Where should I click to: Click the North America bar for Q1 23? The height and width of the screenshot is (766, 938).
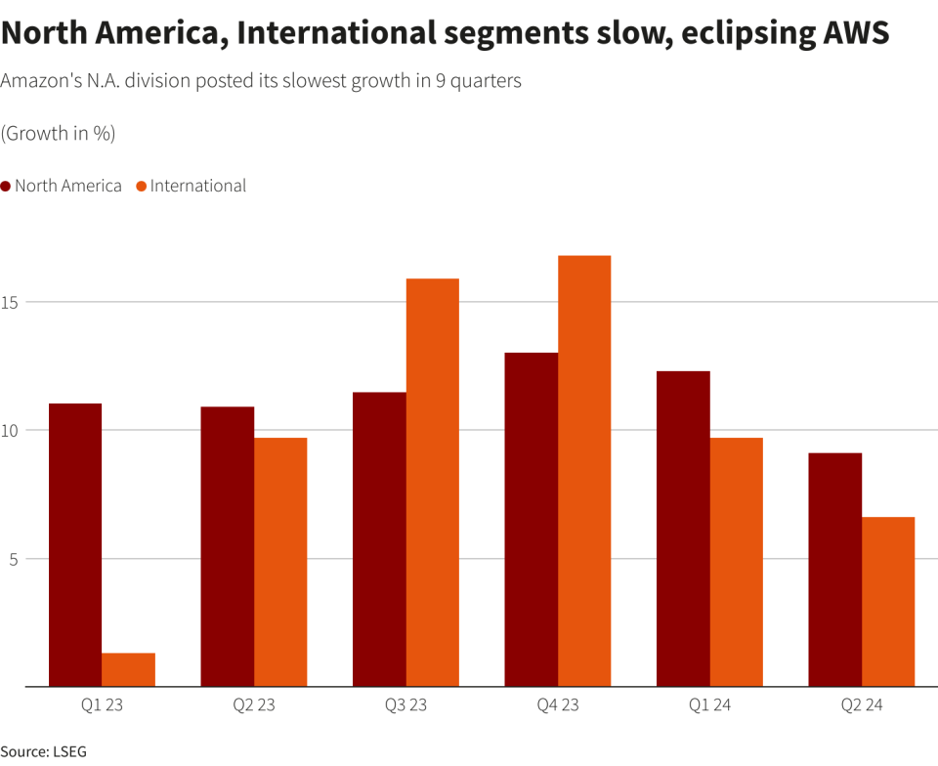click(75, 545)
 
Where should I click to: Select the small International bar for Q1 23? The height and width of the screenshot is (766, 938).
click(129, 670)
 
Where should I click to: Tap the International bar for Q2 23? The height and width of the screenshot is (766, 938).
click(280, 562)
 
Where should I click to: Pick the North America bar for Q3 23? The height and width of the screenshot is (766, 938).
click(379, 539)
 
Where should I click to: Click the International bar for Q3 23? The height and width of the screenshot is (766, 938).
click(433, 483)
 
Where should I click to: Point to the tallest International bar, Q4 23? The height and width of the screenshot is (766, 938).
click(584, 471)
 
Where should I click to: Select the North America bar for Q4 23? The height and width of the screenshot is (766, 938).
click(532, 520)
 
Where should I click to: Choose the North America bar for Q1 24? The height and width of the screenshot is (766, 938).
click(683, 529)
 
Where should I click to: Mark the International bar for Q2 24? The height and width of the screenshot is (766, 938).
click(888, 602)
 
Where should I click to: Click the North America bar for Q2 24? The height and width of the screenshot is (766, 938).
click(835, 570)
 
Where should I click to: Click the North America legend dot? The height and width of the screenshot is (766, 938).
click(6, 187)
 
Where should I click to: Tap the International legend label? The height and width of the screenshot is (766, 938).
click(197, 186)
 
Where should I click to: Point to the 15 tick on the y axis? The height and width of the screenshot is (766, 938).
click(12, 302)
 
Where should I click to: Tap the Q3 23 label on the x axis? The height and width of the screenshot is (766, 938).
click(405, 705)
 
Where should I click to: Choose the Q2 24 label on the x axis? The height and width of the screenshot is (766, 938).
click(861, 705)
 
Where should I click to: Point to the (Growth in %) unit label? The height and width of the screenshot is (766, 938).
click(58, 134)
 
